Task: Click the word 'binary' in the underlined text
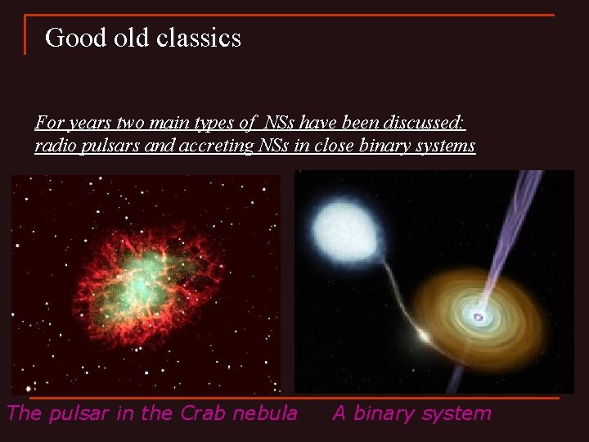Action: tap(371, 147)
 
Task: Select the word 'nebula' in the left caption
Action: tap(267, 413)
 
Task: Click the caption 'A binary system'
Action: tap(411, 413)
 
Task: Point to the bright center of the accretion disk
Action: tap(478, 316)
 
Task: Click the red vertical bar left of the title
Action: tap(25, 34)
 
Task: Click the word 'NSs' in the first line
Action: tap(278, 124)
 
